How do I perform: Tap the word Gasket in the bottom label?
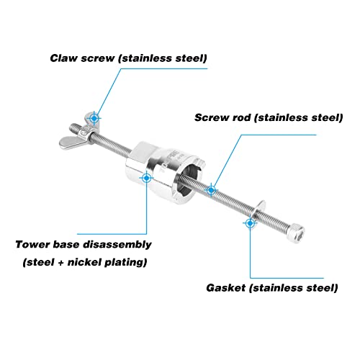pos(225,288)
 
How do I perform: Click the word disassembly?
pos(117,245)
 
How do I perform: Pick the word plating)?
pos(126,262)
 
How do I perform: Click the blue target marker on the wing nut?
pos(94,118)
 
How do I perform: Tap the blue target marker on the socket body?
pos(146,178)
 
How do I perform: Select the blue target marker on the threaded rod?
pos(211,190)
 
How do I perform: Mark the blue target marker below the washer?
pos(250,223)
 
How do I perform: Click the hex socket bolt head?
pos(297,233)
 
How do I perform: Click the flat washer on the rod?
pos(260,208)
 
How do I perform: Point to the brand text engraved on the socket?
pos(170,161)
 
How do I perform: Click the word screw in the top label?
pos(98,58)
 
